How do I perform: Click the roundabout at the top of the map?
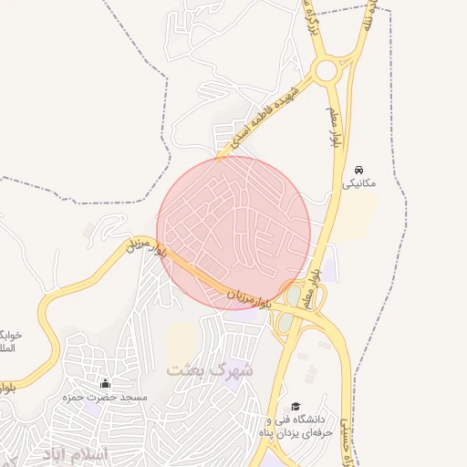point(327,69)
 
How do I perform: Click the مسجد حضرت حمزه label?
point(92,398)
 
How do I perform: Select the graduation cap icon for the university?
point(295,406)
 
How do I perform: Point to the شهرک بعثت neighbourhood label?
point(209,370)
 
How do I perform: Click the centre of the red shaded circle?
point(234,233)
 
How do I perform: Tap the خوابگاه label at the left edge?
point(8,341)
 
